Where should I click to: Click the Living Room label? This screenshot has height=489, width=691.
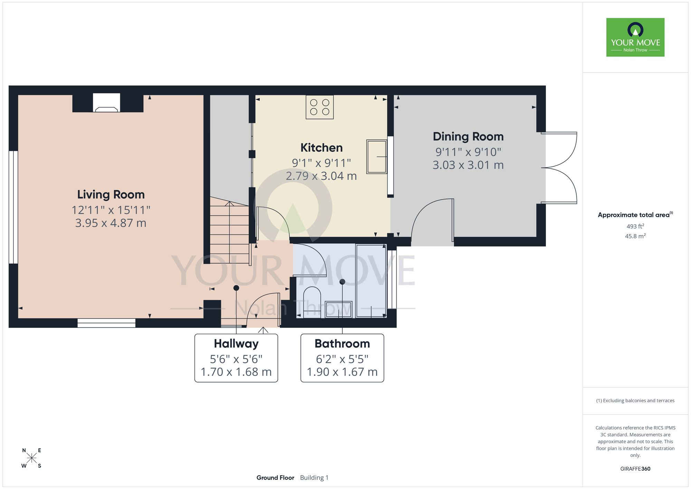click(111, 195)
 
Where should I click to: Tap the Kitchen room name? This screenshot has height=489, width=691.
click(322, 148)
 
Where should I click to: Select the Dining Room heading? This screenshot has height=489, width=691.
click(468, 137)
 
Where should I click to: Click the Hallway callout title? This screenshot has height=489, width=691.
click(236, 344)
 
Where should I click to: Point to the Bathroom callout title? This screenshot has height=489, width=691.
click(342, 344)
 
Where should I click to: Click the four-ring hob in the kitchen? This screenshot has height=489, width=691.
click(320, 107)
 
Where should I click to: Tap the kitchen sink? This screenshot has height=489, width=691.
click(377, 157)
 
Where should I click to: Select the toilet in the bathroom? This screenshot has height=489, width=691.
click(312, 302)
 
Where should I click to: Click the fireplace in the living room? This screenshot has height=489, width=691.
click(107, 103)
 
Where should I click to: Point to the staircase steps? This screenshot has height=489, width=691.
click(230, 230)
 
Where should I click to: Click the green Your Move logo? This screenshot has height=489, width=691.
click(635, 37)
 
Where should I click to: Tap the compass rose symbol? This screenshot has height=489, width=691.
click(31, 458)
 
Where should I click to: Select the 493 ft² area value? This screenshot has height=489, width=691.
click(635, 226)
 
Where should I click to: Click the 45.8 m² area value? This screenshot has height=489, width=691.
click(635, 236)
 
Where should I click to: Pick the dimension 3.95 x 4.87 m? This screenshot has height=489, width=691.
click(111, 223)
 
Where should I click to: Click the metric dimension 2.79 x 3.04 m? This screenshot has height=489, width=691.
click(321, 176)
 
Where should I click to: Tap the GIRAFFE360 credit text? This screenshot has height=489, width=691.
click(635, 469)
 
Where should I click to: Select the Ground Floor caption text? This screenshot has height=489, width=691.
click(275, 478)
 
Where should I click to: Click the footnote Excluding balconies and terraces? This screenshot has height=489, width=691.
click(635, 400)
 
